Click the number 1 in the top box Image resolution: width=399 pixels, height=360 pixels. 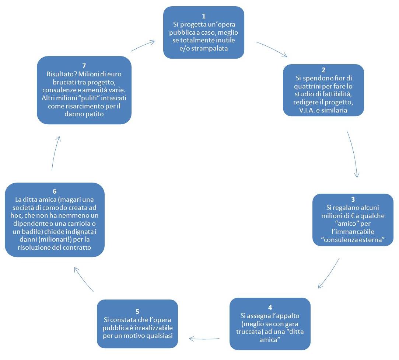pos(204,16)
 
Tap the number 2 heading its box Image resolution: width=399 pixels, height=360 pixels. pos(323,70)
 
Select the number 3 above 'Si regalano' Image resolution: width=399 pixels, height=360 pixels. pos(353,199)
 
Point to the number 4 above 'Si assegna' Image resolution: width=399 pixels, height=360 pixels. pos(270,307)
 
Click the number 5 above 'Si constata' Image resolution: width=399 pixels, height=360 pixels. pos(137,311)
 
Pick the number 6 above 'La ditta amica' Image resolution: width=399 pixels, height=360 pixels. pos(55,191)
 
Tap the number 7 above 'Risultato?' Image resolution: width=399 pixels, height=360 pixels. pos(84,66)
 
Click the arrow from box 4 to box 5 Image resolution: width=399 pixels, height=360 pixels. pos(204,339)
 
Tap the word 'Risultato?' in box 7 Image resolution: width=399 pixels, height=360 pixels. pos(62,74)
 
